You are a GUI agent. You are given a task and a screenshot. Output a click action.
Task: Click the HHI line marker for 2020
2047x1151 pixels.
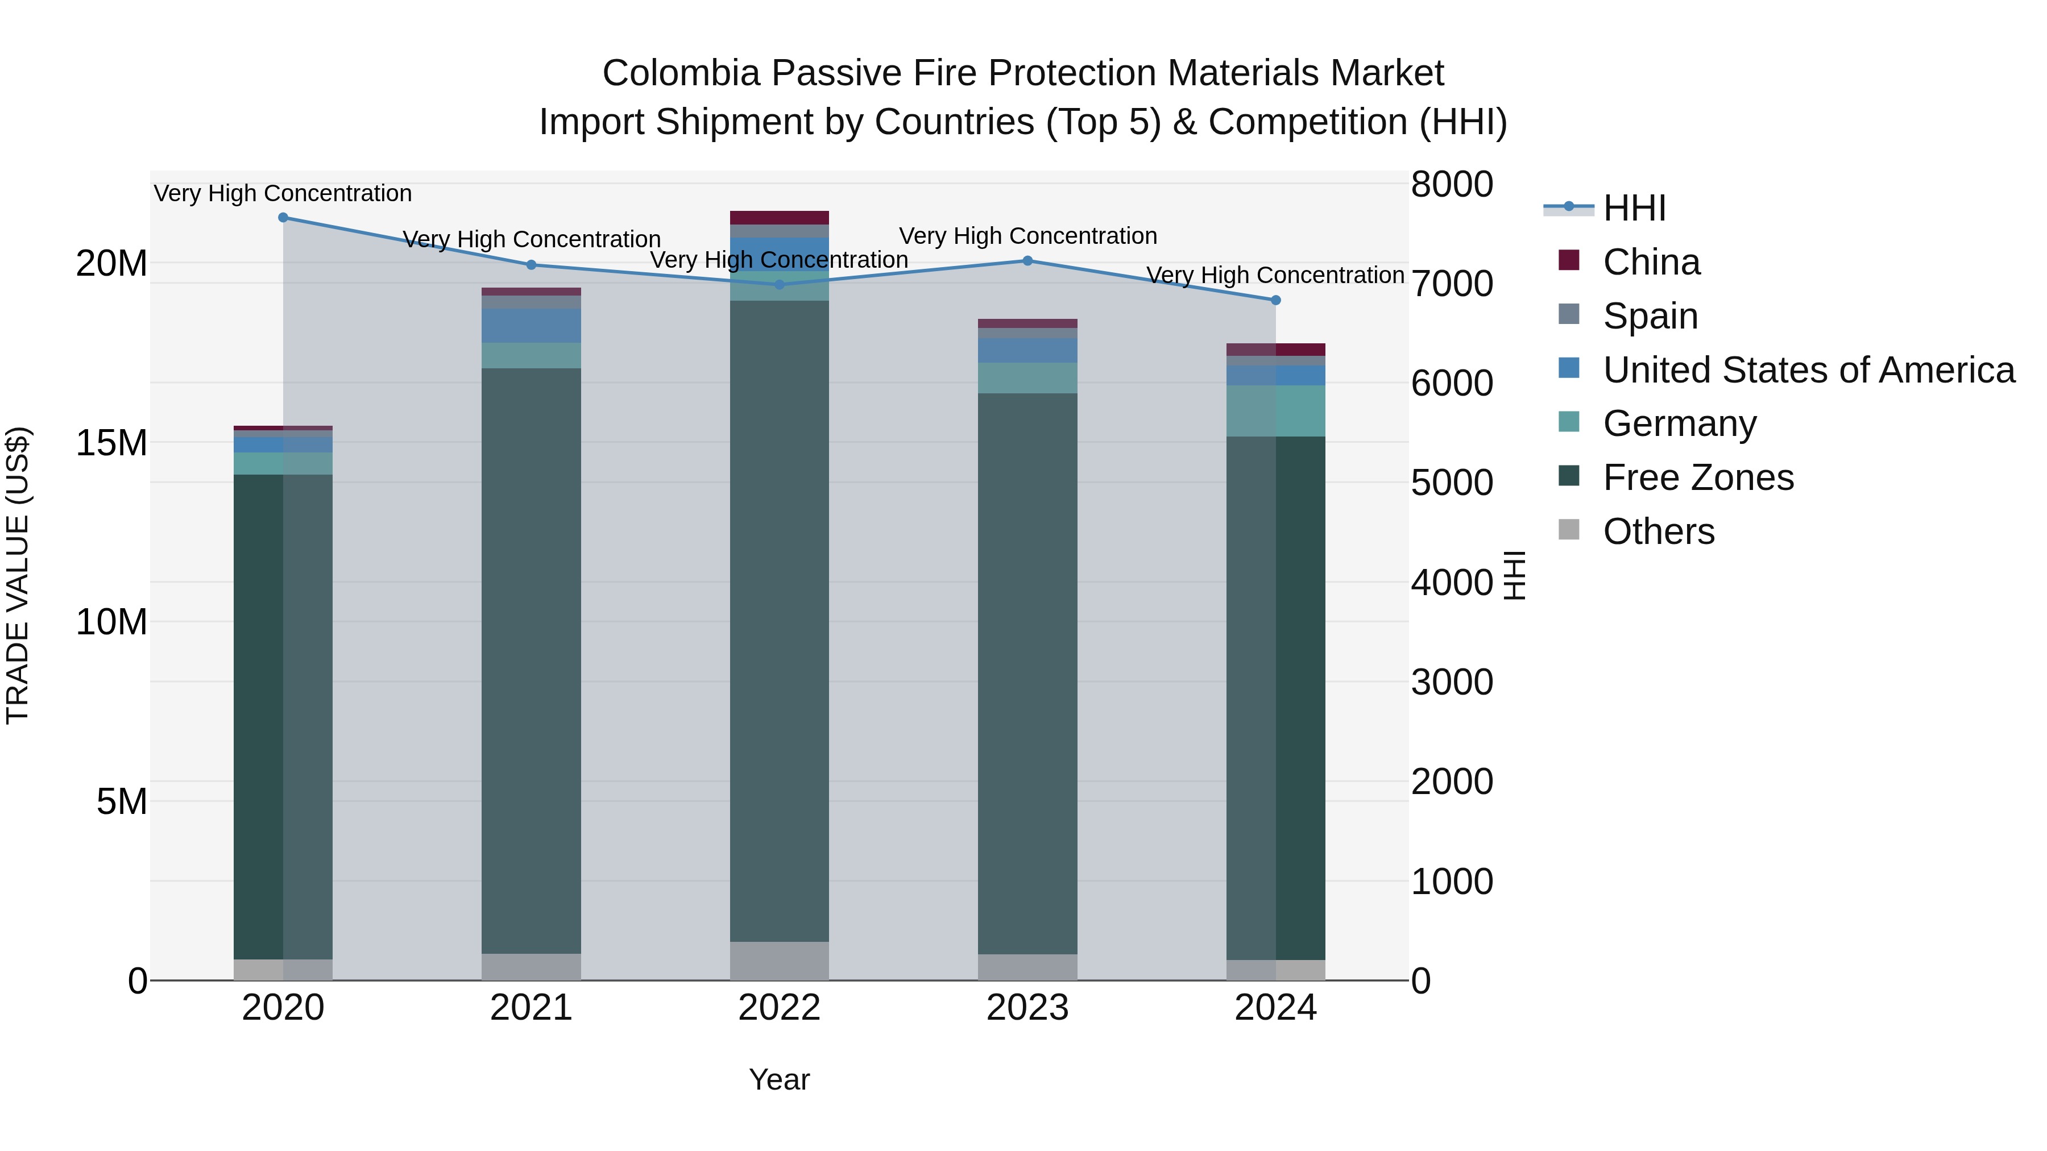[283, 217]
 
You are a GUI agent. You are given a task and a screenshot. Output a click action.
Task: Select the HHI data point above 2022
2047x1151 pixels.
[779, 284]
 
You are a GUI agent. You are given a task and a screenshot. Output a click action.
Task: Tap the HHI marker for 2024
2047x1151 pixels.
[1275, 300]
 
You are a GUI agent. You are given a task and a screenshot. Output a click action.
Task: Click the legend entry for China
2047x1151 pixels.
[1651, 262]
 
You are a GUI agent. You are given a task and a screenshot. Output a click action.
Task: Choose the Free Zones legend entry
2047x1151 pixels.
[1697, 477]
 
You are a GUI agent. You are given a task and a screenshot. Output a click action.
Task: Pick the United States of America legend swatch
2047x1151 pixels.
[1569, 368]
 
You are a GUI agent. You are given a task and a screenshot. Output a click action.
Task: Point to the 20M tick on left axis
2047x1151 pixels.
[111, 263]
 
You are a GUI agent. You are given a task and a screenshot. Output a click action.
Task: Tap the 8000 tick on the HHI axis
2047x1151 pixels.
[1451, 184]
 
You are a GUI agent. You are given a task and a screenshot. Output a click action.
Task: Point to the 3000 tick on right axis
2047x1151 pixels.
[1451, 682]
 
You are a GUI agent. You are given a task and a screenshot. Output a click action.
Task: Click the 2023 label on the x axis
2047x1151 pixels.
[1027, 1008]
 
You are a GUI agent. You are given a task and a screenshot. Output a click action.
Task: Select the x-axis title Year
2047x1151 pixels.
[779, 1079]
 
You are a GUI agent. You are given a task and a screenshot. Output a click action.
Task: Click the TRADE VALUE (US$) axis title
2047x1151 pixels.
[18, 575]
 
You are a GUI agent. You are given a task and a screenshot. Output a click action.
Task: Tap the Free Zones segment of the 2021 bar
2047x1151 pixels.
[531, 659]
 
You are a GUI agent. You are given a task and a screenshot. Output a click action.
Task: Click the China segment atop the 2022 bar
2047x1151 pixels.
[779, 218]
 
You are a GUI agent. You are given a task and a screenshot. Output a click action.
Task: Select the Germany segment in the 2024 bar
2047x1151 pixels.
[1275, 411]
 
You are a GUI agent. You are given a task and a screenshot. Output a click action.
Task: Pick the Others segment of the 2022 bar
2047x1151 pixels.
[779, 961]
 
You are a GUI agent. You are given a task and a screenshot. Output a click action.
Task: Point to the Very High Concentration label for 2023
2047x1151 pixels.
[1027, 236]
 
